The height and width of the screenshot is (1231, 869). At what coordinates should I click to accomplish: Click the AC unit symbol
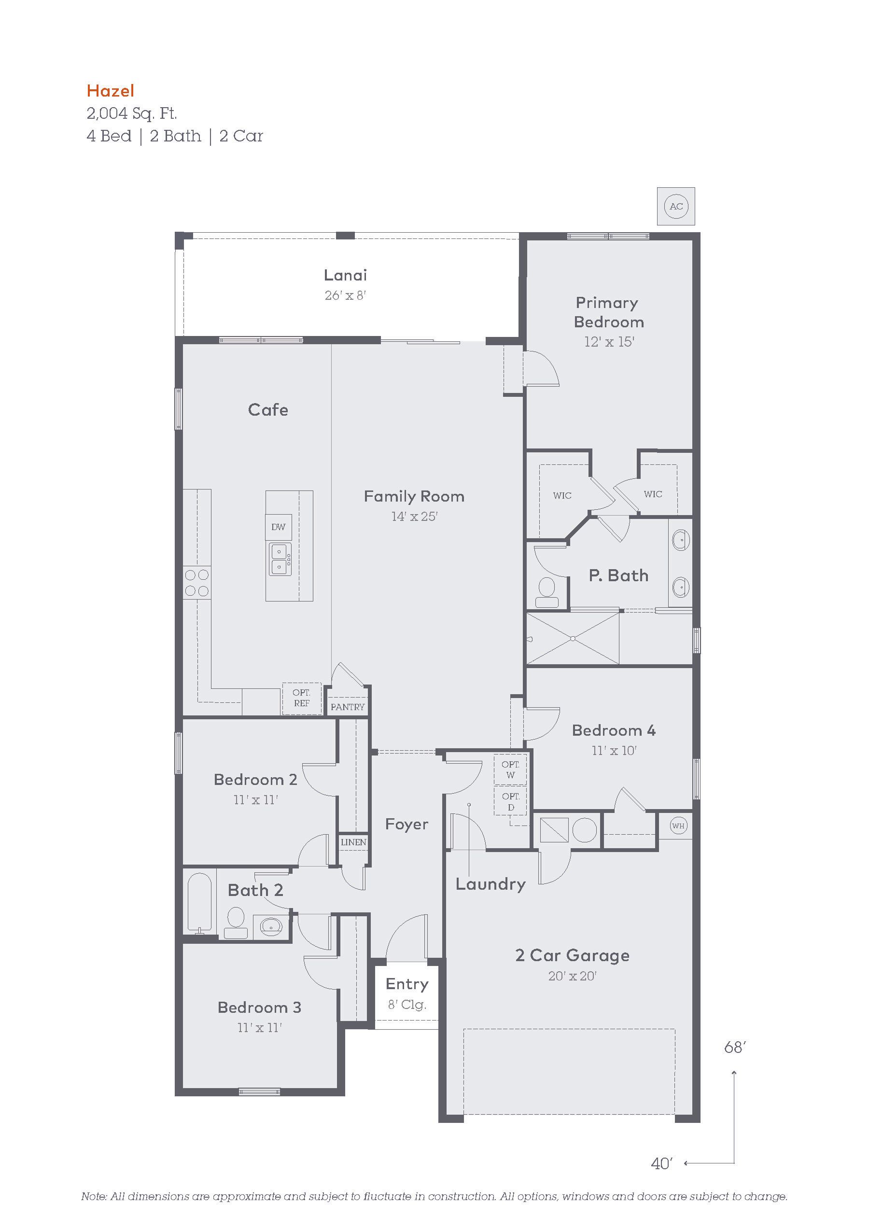click(x=676, y=207)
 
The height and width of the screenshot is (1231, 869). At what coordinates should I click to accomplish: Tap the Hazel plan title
click(x=111, y=91)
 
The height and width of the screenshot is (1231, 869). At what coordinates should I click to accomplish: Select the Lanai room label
click(x=345, y=275)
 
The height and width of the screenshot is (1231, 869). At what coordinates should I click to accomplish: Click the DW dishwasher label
click(x=278, y=527)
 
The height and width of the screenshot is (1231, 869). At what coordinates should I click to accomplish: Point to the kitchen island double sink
click(x=280, y=559)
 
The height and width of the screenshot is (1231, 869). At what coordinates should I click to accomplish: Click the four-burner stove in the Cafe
click(x=197, y=583)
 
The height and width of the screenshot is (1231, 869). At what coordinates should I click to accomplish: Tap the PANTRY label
click(x=348, y=707)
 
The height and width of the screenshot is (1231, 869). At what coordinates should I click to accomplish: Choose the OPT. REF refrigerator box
click(x=302, y=698)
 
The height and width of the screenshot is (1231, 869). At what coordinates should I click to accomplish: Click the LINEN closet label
click(x=354, y=842)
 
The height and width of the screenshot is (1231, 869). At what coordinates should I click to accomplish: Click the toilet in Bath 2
click(x=235, y=923)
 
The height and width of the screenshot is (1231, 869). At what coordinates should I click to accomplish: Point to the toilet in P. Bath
click(x=547, y=592)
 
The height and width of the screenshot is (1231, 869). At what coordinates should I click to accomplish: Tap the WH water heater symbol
click(x=678, y=825)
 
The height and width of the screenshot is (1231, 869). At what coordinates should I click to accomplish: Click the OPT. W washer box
click(x=510, y=769)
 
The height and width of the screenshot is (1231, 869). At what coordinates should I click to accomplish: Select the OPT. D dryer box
click(x=511, y=801)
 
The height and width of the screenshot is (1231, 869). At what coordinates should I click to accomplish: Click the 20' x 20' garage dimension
click(x=573, y=976)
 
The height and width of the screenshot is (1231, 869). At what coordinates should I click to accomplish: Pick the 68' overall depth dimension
click(x=735, y=1047)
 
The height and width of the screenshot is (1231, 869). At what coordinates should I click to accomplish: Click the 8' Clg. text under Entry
click(x=407, y=1004)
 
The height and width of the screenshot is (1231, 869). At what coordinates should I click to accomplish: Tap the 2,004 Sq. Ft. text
click(x=132, y=113)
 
